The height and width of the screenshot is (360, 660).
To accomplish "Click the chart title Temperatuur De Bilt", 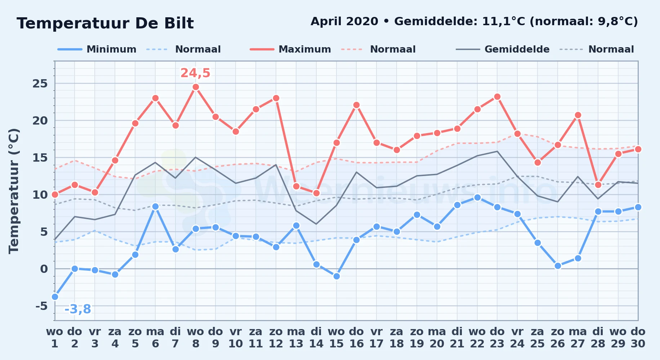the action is point(105,23).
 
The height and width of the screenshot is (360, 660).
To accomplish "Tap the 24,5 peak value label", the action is point(195,73).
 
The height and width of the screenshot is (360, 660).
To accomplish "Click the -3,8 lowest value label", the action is point(77,309).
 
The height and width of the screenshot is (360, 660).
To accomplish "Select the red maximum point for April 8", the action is point(196,87).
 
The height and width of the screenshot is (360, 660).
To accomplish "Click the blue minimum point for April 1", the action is point(55,297).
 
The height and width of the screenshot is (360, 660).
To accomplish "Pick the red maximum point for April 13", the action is point(296,186).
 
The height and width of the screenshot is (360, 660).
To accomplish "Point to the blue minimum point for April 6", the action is point(155,206).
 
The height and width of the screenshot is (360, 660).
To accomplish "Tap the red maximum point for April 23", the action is point(497,96).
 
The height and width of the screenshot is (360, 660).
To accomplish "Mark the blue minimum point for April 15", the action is point(336,276).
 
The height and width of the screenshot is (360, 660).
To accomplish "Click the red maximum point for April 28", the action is point(598,185).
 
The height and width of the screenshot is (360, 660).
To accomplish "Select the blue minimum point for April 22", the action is point(477,197).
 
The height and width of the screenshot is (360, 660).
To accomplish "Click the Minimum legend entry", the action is point(97,49).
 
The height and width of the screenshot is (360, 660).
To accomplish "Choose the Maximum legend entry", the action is point(290,49).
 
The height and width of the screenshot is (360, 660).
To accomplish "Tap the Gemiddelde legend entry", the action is point(503,49).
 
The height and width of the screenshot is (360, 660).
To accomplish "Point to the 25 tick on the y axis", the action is point(40,84).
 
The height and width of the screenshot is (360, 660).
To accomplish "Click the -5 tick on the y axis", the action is point(41,306).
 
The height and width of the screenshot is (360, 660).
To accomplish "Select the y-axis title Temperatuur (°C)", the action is point(14,191).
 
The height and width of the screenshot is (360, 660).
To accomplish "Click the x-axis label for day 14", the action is point(316,337).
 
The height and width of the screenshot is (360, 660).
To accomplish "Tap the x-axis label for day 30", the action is point(638,337).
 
